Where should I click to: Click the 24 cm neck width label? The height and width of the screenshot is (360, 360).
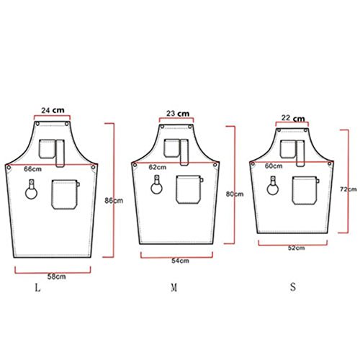click(53, 110)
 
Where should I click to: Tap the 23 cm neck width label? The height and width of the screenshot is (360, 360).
click(178, 113)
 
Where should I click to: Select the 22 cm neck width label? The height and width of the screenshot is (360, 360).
click(293, 118)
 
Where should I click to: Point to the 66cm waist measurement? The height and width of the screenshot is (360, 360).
click(32, 169)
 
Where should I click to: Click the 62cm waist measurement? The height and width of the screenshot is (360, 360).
click(158, 167)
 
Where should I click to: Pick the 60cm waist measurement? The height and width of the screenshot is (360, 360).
click(274, 166)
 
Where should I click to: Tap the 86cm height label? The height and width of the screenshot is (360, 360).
click(114, 200)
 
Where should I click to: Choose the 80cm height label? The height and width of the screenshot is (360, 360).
click(235, 194)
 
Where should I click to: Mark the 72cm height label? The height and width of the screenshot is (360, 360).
click(348, 189)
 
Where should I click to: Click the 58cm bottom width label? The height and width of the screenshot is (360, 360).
click(56, 276)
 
